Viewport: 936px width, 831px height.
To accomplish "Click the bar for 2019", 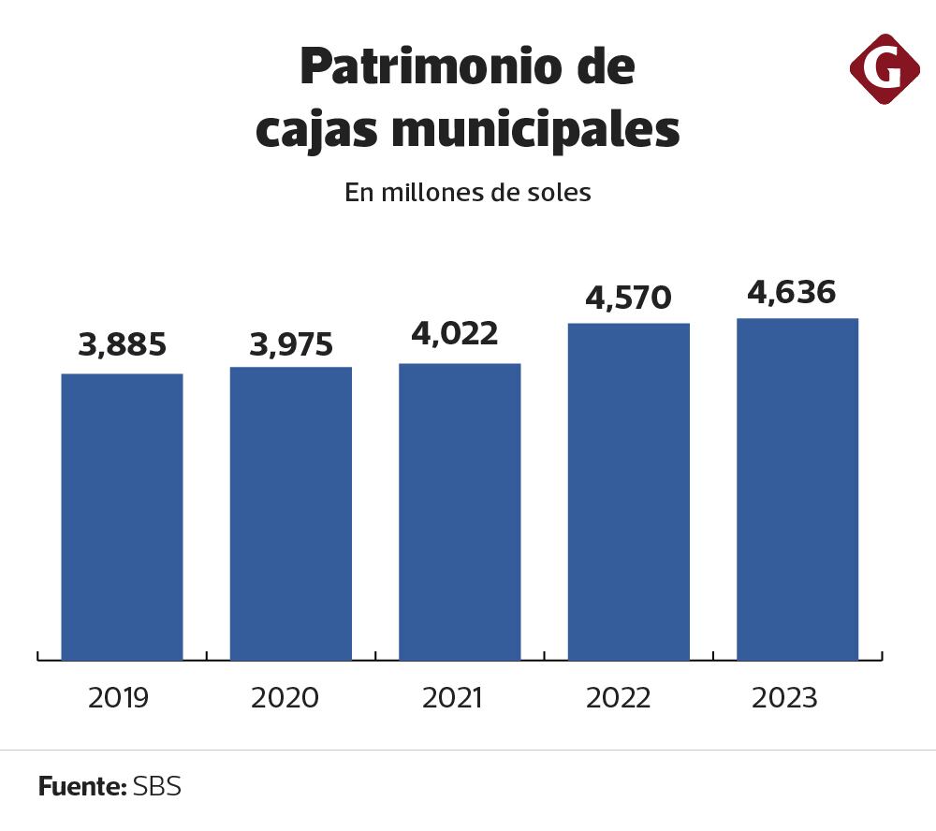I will (122, 517).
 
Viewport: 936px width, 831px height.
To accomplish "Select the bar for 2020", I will (291, 513).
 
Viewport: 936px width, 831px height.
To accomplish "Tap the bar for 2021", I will (460, 511).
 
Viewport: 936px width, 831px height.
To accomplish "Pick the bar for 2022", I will (629, 491).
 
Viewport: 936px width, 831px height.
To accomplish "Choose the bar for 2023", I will (797, 488).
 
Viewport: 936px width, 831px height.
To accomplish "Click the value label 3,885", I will (122, 345).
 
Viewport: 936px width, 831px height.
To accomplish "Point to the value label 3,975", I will (291, 345).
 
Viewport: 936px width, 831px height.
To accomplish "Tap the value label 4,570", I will (629, 298).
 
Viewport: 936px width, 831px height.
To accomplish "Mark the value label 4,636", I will (792, 292).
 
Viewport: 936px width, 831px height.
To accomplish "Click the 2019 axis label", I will (119, 698).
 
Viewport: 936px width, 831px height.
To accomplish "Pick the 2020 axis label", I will (285, 698).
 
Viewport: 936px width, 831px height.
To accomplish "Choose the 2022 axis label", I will (619, 698).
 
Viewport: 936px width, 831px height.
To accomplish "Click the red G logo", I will (885, 68).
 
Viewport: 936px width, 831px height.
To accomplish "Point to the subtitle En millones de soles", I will (468, 193).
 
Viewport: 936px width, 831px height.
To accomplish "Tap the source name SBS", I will (156, 786).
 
